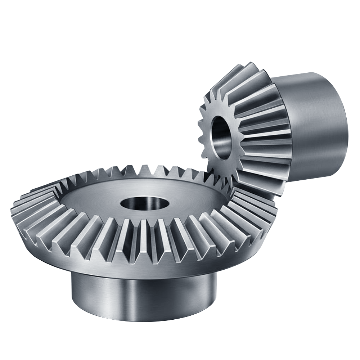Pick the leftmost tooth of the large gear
click(x=16, y=212)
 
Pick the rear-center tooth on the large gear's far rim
click(x=144, y=169)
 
